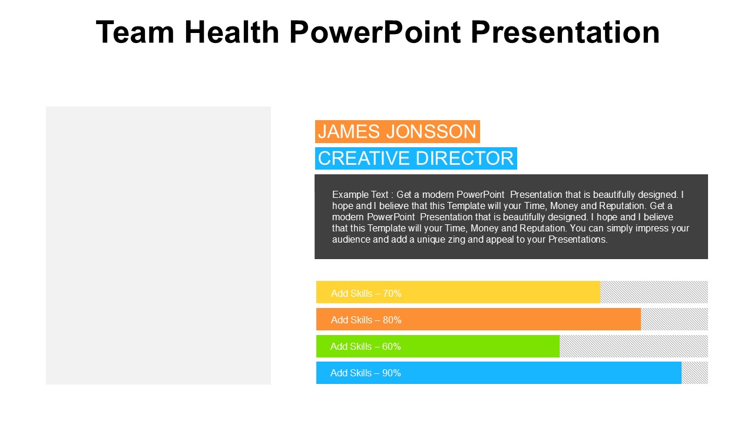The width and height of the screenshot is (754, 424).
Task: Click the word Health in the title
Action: (232, 32)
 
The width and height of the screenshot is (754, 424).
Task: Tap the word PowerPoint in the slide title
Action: (375, 32)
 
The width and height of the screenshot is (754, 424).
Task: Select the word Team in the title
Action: (135, 32)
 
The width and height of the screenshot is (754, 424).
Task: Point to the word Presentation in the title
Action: (565, 32)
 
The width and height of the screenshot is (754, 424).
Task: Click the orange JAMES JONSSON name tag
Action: (398, 131)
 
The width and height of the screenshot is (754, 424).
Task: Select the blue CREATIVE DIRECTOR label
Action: (416, 158)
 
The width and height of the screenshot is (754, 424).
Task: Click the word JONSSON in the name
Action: (431, 131)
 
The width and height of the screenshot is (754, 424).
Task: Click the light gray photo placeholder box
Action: (158, 246)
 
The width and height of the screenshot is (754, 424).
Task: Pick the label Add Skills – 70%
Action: (366, 293)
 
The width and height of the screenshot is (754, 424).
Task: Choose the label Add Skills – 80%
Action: (366, 320)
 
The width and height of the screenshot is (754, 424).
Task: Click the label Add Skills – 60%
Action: (365, 346)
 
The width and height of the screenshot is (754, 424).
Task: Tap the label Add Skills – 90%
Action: (365, 373)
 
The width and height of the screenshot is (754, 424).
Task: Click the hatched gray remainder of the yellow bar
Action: (654, 292)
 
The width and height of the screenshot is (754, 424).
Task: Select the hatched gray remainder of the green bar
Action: (634, 346)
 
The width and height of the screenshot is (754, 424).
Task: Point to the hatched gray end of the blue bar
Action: (695, 373)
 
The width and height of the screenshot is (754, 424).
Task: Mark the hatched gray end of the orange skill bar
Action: (674, 319)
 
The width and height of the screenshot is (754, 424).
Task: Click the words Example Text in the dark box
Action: (360, 194)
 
